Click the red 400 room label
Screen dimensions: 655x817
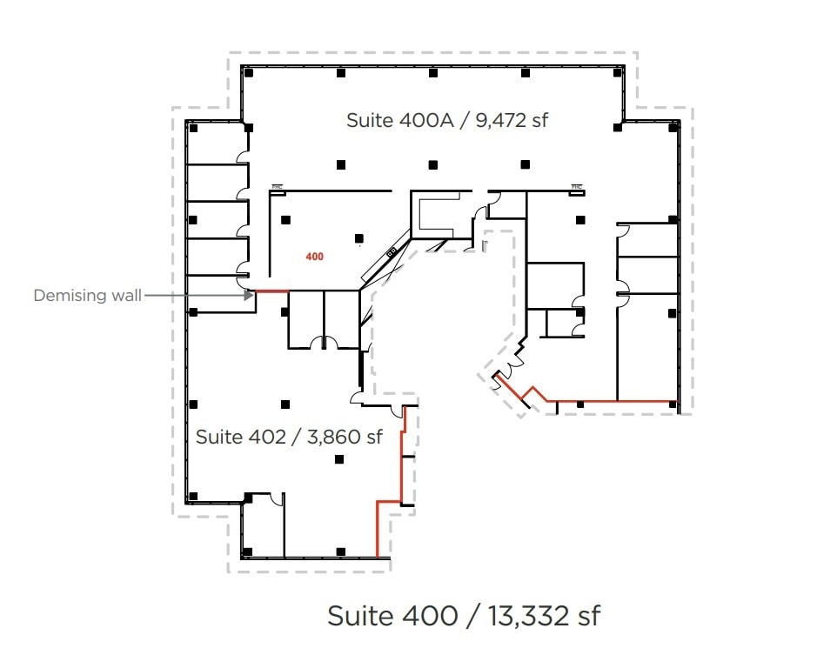click(314, 257)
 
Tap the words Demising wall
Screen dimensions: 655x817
click(87, 296)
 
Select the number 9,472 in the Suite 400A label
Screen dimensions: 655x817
click(501, 120)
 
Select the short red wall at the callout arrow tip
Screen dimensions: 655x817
click(270, 291)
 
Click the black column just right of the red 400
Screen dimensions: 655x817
click(358, 238)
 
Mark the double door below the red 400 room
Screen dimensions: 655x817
click(323, 343)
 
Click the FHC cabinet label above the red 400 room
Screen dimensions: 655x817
click(278, 186)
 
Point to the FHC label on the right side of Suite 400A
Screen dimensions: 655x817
click(576, 186)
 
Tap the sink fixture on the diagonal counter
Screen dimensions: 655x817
click(392, 252)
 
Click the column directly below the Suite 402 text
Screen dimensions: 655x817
click(339, 460)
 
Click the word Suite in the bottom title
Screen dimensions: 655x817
click(358, 616)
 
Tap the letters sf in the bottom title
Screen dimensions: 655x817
click(587, 616)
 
